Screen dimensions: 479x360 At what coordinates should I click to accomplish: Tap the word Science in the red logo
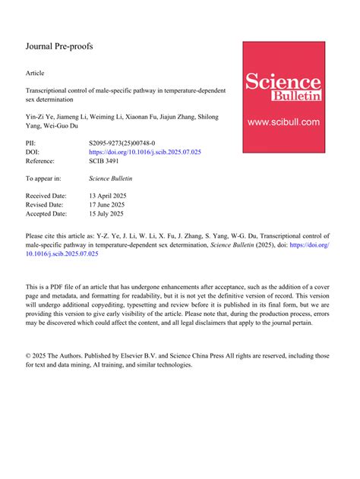[283, 81]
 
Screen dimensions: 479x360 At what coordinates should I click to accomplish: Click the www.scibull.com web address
[283, 121]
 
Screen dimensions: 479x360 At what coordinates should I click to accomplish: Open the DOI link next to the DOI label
[145, 152]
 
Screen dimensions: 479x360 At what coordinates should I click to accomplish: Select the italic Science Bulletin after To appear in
[111, 178]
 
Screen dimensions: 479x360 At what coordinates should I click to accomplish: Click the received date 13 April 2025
[108, 195]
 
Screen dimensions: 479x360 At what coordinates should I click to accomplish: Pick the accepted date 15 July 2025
[106, 215]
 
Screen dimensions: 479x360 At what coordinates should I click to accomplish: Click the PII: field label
[32, 142]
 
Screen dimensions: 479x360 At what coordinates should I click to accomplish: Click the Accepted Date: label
[49, 215]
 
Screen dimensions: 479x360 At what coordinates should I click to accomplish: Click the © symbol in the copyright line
[29, 355]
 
